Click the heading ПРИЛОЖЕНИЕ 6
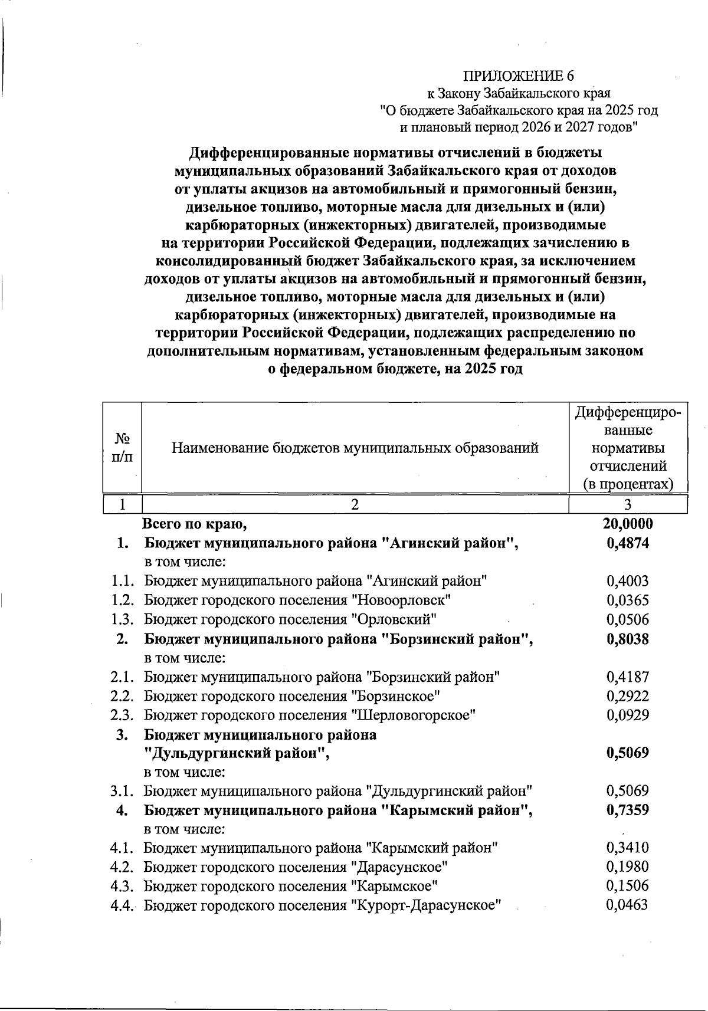518,76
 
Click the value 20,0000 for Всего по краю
628,524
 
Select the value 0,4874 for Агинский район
628,543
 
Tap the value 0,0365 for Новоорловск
628,600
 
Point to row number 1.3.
123,619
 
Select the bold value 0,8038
628,639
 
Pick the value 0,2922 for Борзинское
628,696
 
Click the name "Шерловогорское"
413,715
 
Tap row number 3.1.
123,790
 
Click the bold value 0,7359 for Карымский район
628,810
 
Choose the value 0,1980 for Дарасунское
628,867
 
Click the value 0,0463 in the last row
628,905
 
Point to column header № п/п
122,448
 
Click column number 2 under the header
355,504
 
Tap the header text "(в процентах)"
628,485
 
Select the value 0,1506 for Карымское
628,886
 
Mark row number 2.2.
123,696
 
